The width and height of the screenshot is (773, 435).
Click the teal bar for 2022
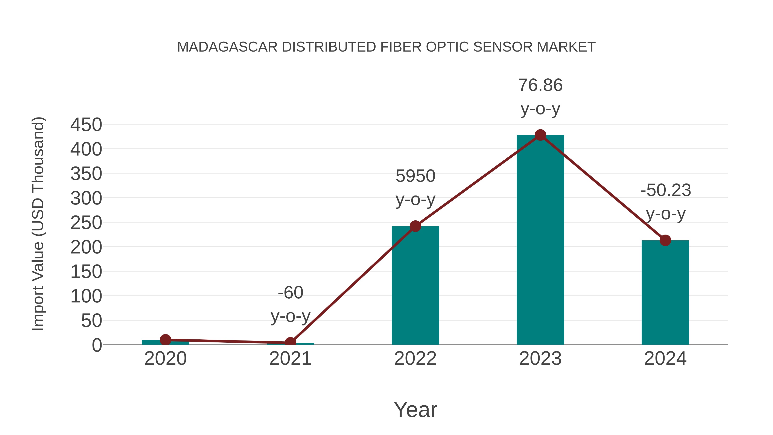coord(415,285)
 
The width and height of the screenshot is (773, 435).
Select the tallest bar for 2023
coord(540,240)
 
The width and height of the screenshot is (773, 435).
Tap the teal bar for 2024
coord(665,293)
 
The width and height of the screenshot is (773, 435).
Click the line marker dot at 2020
coord(165,340)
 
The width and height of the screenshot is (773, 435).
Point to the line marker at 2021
coord(290,342)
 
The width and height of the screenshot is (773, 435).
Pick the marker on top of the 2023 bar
coord(540,135)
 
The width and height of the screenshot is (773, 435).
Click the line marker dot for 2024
coord(665,240)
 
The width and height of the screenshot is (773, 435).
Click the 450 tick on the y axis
coord(86,125)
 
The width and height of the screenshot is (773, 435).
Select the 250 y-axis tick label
coord(86,223)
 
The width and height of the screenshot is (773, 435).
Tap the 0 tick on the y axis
coord(97,345)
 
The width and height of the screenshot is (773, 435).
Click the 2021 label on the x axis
coord(290,359)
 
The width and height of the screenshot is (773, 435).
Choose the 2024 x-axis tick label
coord(665,359)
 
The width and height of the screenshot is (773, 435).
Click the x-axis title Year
coord(415,410)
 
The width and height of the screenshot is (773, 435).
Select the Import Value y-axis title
coord(38,224)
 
